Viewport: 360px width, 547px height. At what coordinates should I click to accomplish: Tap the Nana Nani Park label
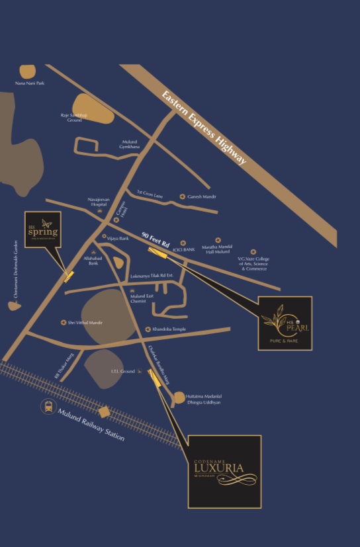tap(29, 83)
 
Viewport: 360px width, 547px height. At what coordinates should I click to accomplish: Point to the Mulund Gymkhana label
tap(130, 144)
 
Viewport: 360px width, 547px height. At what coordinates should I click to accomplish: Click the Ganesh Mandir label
tap(203, 196)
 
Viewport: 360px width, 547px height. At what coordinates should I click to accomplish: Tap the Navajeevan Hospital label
tap(98, 201)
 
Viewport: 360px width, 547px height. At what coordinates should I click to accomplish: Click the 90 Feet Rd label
tap(156, 239)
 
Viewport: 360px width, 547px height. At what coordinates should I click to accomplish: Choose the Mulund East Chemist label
tap(141, 298)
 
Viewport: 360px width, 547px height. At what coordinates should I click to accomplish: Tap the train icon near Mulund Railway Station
tap(48, 407)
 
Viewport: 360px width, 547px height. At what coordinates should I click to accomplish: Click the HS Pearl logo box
tap(285, 323)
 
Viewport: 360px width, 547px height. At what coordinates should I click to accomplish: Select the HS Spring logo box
tap(43, 230)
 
